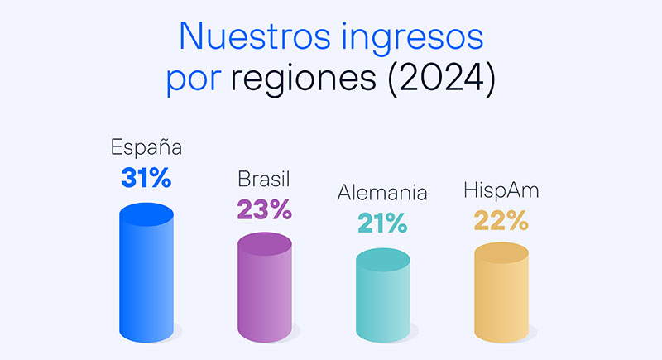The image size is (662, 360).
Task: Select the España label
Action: (x=146, y=149)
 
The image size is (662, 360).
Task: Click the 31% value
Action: (x=146, y=177)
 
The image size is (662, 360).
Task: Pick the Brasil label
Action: (x=265, y=180)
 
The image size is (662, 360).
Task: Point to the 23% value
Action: (x=265, y=209)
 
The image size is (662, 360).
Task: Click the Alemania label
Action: (x=382, y=193)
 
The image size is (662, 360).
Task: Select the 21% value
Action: (x=382, y=223)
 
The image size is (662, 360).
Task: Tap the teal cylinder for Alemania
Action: (x=382, y=302)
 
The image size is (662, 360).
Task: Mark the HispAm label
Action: (x=501, y=192)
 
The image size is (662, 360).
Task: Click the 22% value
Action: (x=501, y=221)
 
